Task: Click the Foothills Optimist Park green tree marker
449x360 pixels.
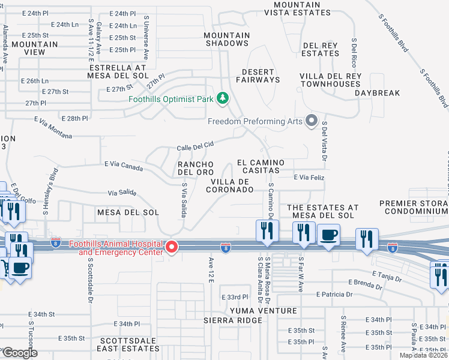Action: (223, 98)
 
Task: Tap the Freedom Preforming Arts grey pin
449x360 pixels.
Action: (311, 121)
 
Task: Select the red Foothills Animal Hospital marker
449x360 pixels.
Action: (172, 247)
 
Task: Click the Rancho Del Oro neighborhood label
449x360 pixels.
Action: (194, 169)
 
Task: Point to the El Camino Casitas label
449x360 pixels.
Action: (261, 167)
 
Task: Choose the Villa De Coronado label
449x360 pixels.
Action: (230, 185)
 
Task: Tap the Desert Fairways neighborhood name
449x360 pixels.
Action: (258, 75)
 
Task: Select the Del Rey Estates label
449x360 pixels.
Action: (321, 49)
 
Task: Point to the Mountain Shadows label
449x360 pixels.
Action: (227, 39)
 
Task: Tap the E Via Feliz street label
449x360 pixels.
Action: (309, 177)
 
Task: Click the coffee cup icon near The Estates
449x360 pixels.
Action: (328, 236)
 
